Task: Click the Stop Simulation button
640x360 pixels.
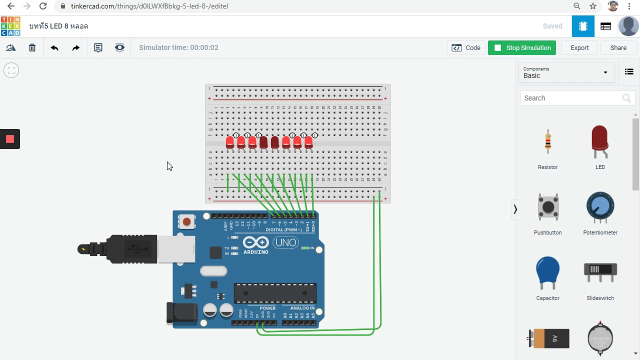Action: tap(522, 48)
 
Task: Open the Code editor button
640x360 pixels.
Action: tap(466, 48)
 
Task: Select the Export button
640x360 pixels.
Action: tap(579, 48)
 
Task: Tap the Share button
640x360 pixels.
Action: tap(618, 48)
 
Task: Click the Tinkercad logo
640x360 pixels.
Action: tap(10, 26)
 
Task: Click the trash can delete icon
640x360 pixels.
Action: tap(32, 48)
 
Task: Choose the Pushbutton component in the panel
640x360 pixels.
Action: tap(548, 207)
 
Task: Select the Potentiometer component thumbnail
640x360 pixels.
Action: tap(600, 207)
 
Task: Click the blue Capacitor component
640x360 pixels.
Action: tap(548, 272)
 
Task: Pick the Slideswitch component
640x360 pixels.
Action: tap(600, 271)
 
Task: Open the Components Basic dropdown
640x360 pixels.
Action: tap(565, 72)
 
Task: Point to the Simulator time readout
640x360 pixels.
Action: tap(178, 48)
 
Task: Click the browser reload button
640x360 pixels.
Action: tap(43, 6)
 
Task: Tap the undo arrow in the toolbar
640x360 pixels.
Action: tap(54, 48)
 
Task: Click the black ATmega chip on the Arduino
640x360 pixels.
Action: tap(275, 293)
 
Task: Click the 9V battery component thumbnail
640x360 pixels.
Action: tap(549, 338)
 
